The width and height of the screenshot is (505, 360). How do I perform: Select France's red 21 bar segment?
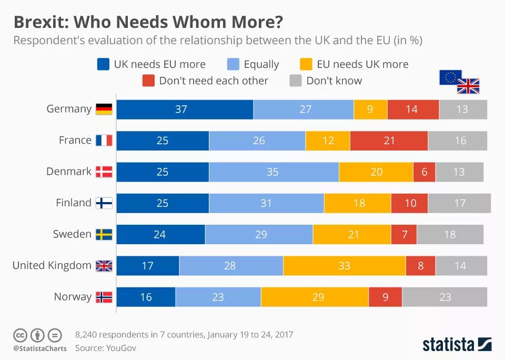pos(389,141)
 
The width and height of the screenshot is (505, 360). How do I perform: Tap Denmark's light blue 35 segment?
pos(274,172)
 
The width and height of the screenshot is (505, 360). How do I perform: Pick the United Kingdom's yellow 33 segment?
pos(344,266)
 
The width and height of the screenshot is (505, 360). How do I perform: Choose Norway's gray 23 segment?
pos(445,297)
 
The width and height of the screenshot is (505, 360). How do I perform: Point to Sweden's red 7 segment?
pos(404,234)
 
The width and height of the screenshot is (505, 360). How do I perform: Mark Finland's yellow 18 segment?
pos(358,203)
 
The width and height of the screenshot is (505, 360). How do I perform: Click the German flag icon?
pos(104,109)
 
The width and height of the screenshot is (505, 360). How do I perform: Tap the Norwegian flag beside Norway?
pos(104,297)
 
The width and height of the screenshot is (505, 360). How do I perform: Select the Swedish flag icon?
pos(104,234)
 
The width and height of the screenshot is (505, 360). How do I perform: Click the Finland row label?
pos(74,203)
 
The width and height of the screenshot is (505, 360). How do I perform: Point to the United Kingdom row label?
pos(52,265)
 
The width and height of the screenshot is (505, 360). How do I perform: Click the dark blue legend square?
pos(104,64)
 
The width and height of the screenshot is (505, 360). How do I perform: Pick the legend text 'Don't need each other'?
pos(214,81)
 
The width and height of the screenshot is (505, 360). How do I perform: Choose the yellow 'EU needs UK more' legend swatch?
pos(306,64)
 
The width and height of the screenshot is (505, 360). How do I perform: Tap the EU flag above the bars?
pos(450,77)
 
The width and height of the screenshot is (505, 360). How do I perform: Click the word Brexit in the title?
pos(40,22)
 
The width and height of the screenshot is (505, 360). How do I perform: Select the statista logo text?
pos(448,345)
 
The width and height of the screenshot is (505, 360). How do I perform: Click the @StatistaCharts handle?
pos(40,348)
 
